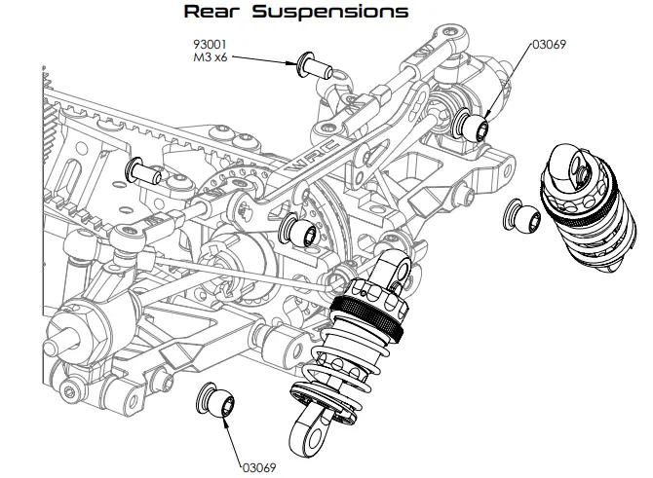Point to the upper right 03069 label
[549, 45]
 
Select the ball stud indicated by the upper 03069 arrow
[476, 126]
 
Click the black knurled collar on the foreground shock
[367, 312]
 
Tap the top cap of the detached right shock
[571, 165]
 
